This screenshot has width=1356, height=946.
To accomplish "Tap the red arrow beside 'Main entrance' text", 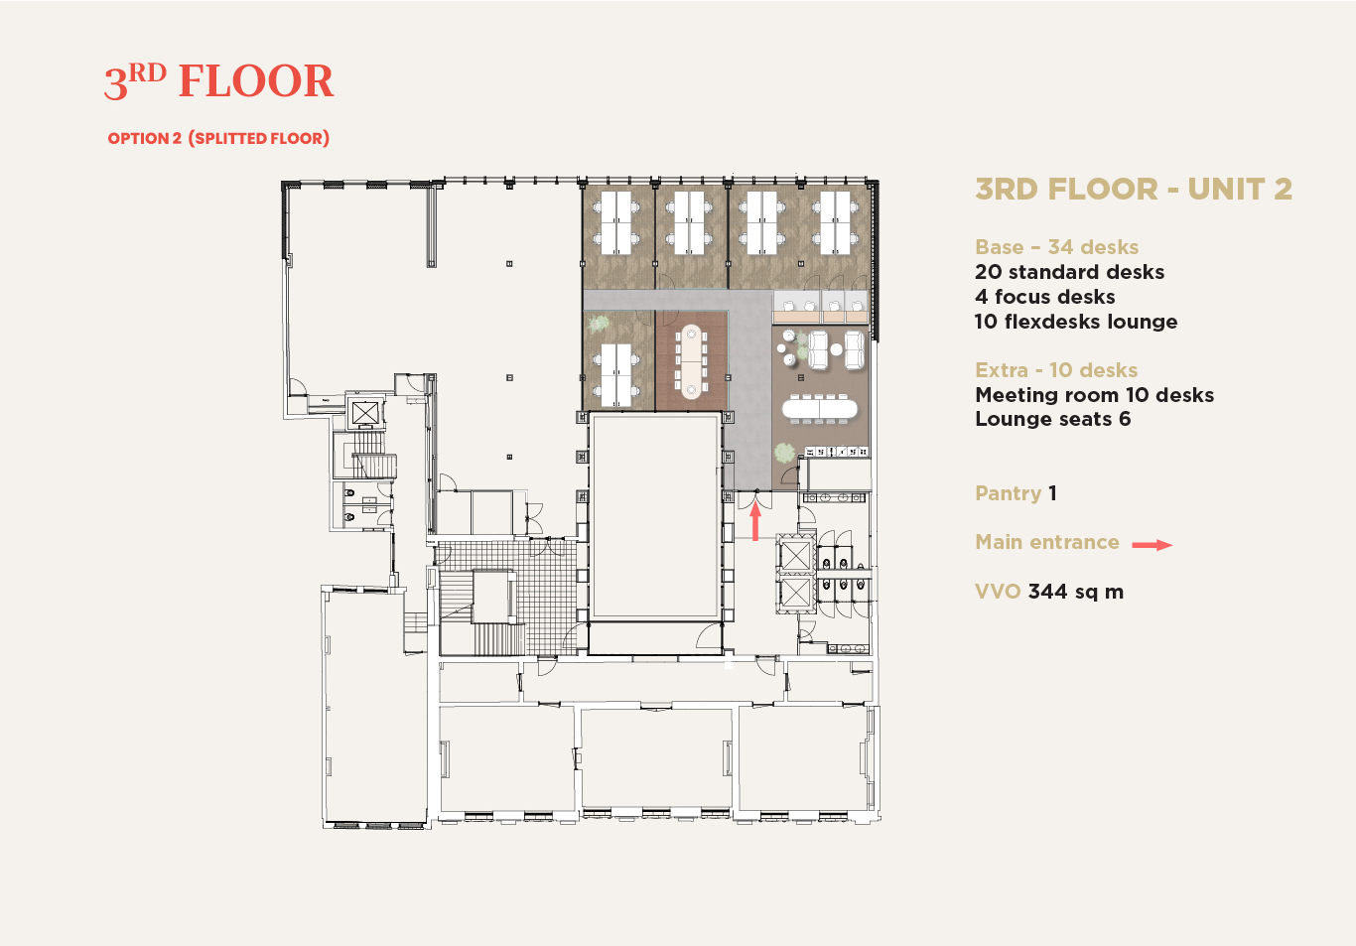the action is pyautogui.click(x=1152, y=545).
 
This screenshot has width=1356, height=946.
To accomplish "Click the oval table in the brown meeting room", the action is pyautogui.click(x=691, y=361).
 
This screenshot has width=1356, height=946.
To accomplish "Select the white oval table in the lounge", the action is pyautogui.click(x=820, y=409).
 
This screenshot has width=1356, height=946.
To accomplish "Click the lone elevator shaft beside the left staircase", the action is pyautogui.click(x=365, y=414).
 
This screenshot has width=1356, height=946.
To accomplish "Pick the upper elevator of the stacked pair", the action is pyautogui.click(x=795, y=555).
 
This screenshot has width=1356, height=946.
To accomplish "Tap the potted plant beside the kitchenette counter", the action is pyautogui.click(x=784, y=453).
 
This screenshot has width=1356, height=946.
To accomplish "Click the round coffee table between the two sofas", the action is pyautogui.click(x=836, y=349).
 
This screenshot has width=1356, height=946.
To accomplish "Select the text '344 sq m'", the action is pyautogui.click(x=1076, y=592).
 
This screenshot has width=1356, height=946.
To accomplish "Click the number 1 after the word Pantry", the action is pyautogui.click(x=1052, y=492).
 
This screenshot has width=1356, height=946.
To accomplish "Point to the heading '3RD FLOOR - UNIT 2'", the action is pyautogui.click(x=1134, y=189).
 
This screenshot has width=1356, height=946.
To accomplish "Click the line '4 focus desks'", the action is pyautogui.click(x=1045, y=297).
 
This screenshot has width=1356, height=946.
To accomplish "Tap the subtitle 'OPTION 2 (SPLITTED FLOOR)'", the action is pyautogui.click(x=218, y=138).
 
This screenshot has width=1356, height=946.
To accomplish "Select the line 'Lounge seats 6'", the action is pyautogui.click(x=1052, y=419).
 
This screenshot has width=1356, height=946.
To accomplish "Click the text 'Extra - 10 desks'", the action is pyautogui.click(x=1056, y=370).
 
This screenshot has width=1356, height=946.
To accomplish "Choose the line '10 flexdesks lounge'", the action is pyautogui.click(x=1076, y=322).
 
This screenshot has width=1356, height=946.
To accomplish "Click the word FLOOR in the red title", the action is pyautogui.click(x=256, y=80).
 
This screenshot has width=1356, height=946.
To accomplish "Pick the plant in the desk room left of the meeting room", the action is pyautogui.click(x=599, y=324).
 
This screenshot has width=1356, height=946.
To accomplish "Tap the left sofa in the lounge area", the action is pyautogui.click(x=818, y=349).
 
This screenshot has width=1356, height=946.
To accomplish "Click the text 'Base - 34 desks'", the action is pyautogui.click(x=1056, y=247).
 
